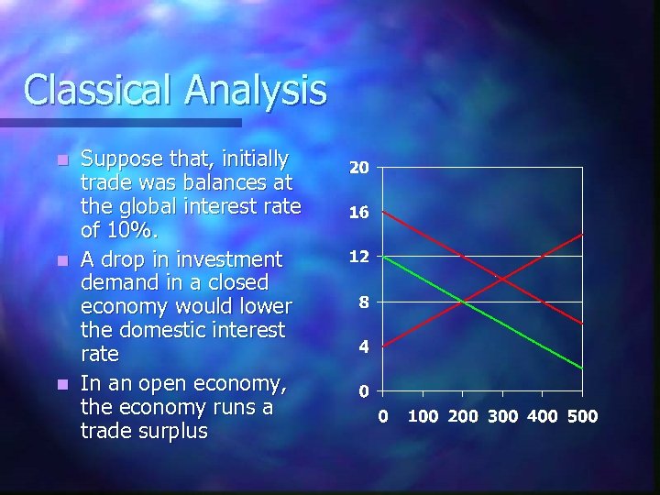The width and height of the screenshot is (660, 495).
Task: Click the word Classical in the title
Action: [98, 90]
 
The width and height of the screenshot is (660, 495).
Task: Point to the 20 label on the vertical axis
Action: [359, 168]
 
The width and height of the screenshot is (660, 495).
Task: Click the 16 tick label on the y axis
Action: [359, 213]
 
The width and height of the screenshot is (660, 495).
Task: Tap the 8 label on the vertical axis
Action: [364, 302]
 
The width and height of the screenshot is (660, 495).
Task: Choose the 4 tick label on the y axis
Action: [364, 346]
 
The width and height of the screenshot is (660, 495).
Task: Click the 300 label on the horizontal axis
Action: [502, 416]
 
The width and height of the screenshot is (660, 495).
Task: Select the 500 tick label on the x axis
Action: [582, 416]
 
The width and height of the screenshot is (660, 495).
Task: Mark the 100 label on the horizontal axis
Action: [423, 416]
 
